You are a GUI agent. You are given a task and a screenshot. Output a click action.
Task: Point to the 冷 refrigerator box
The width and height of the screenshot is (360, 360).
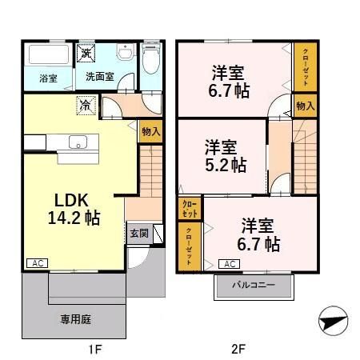[x=85, y=104]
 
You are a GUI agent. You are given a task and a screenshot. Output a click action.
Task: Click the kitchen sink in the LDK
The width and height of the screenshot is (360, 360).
[x=78, y=143]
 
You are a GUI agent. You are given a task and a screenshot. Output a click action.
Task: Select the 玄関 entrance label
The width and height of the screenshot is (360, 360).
[x=138, y=234]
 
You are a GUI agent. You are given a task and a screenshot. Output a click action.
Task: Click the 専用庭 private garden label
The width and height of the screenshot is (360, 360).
[x=75, y=318]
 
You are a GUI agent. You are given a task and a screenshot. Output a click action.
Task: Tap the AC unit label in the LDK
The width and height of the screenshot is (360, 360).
[x=36, y=262]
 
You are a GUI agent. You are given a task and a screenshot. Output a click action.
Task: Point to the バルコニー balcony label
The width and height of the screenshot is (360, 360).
[x=254, y=285]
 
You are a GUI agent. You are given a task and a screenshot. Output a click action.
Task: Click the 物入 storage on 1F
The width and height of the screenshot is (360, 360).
[x=150, y=130]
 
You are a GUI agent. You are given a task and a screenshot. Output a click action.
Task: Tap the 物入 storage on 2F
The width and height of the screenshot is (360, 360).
[x=304, y=105]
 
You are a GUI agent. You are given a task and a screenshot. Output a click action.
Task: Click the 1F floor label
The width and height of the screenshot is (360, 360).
[x=94, y=349]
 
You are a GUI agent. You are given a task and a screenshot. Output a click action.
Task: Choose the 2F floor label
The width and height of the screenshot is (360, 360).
[x=238, y=349]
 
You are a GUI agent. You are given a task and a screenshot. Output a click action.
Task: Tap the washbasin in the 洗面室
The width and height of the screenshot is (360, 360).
[x=124, y=54]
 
